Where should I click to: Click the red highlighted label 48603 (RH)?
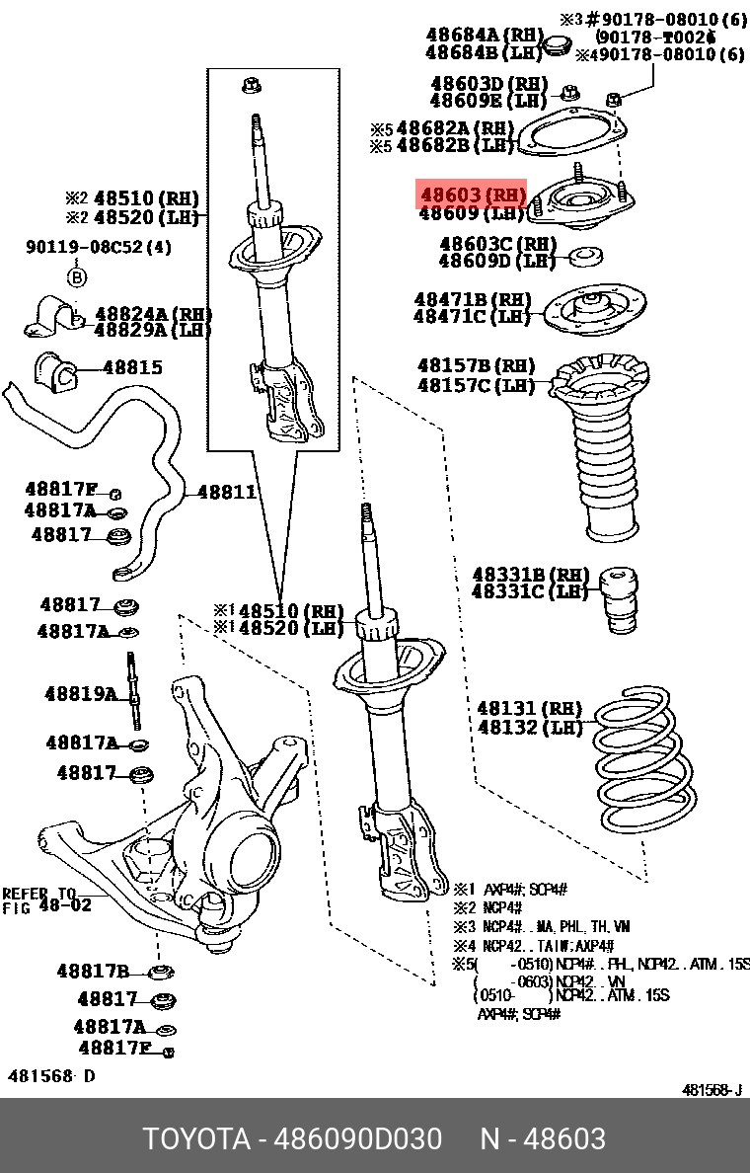(472, 194)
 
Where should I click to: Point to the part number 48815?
(133, 367)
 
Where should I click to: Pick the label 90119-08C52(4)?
(98, 247)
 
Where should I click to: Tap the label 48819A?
(80, 694)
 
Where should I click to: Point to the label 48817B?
(93, 971)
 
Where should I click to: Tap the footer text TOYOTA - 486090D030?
(292, 1138)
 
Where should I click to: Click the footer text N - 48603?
(543, 1138)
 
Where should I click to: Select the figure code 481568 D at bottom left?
(51, 1075)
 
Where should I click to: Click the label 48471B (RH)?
(472, 299)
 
